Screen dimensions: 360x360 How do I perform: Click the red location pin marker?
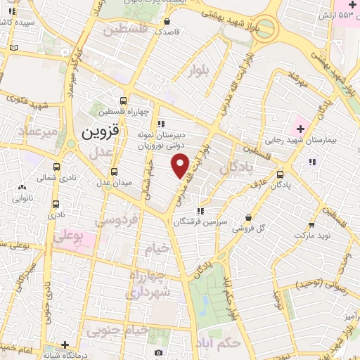click(x=181, y=165)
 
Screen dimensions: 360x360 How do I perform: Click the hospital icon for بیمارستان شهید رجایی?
click(x=301, y=129)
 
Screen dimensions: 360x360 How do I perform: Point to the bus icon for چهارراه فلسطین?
click(x=124, y=101)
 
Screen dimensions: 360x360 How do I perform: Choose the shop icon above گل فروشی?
click(x=247, y=218)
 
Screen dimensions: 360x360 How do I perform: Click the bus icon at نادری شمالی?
click(x=56, y=168)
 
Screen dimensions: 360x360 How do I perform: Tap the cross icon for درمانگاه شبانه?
click(x=65, y=345)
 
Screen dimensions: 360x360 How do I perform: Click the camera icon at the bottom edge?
click(x=157, y=353)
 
